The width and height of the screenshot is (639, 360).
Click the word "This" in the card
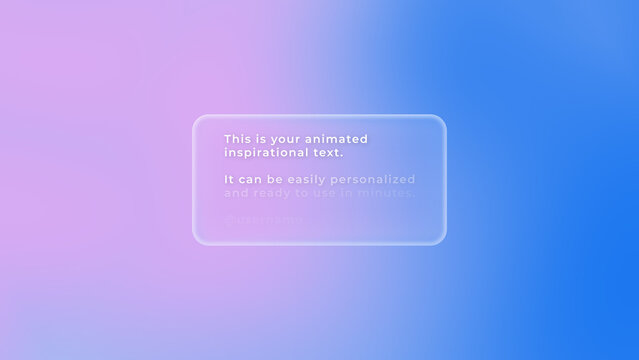tap(236, 139)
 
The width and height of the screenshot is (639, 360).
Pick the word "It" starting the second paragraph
tap(229, 179)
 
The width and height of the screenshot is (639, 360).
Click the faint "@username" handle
tap(264, 218)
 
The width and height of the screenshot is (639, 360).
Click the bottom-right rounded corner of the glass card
tap(440, 239)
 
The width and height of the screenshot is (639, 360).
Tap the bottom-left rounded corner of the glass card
tap(198, 239)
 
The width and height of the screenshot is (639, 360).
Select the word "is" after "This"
tap(258, 139)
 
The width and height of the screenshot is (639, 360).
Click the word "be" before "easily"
tap(275, 179)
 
